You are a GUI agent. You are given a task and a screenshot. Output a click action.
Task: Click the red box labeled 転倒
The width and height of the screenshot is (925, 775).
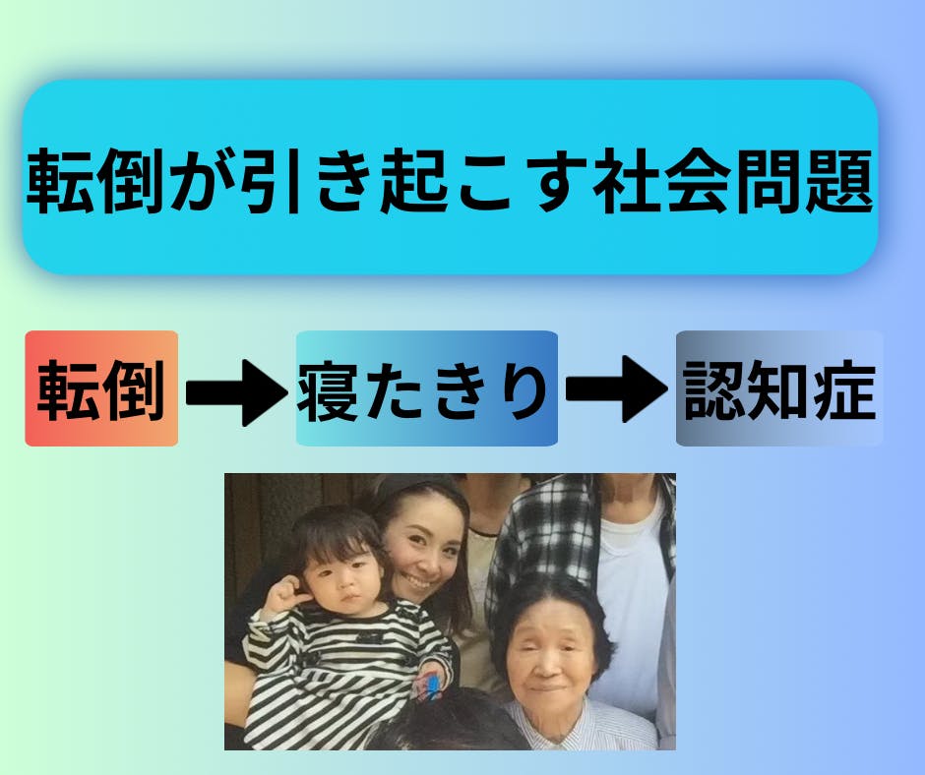click(x=101, y=388)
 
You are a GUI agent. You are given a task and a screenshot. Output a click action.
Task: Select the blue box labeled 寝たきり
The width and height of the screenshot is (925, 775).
click(x=426, y=388)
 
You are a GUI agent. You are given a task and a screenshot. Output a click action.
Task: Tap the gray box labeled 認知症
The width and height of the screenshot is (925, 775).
click(x=779, y=388)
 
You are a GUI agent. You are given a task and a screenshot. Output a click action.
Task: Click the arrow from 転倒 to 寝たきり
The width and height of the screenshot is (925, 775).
click(x=236, y=392)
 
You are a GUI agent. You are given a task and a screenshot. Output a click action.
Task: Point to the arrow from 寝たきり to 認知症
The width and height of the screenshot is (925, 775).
click(x=616, y=389)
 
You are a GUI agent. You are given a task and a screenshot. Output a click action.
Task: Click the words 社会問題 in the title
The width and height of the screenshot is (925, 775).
click(x=732, y=181)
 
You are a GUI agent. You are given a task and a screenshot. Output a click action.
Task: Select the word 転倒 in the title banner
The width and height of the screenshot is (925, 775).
click(x=94, y=181)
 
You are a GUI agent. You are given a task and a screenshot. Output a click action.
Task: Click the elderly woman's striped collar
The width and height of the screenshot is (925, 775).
click(x=581, y=724)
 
